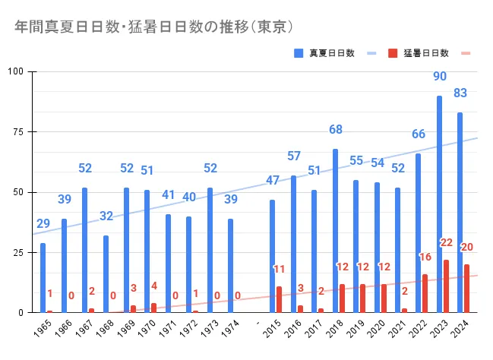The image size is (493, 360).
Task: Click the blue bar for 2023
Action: (x=439, y=204)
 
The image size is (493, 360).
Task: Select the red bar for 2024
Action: (x=466, y=288)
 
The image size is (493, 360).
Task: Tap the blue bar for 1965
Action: (x=43, y=277)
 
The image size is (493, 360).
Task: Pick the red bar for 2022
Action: (x=425, y=292)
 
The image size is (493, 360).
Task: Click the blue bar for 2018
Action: (x=335, y=230)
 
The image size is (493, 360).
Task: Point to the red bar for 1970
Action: (x=153, y=308)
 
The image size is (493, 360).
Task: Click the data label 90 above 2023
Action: (x=439, y=77)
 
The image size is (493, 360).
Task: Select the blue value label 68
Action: (x=335, y=130)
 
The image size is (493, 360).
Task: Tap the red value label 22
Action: (x=446, y=242)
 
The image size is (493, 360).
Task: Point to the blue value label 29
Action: (x=43, y=224)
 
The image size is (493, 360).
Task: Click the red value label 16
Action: (x=425, y=257)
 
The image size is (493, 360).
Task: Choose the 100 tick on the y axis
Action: (x=16, y=71)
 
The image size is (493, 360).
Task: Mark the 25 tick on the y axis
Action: (x=18, y=252)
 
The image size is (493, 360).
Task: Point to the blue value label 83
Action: (x=460, y=93)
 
